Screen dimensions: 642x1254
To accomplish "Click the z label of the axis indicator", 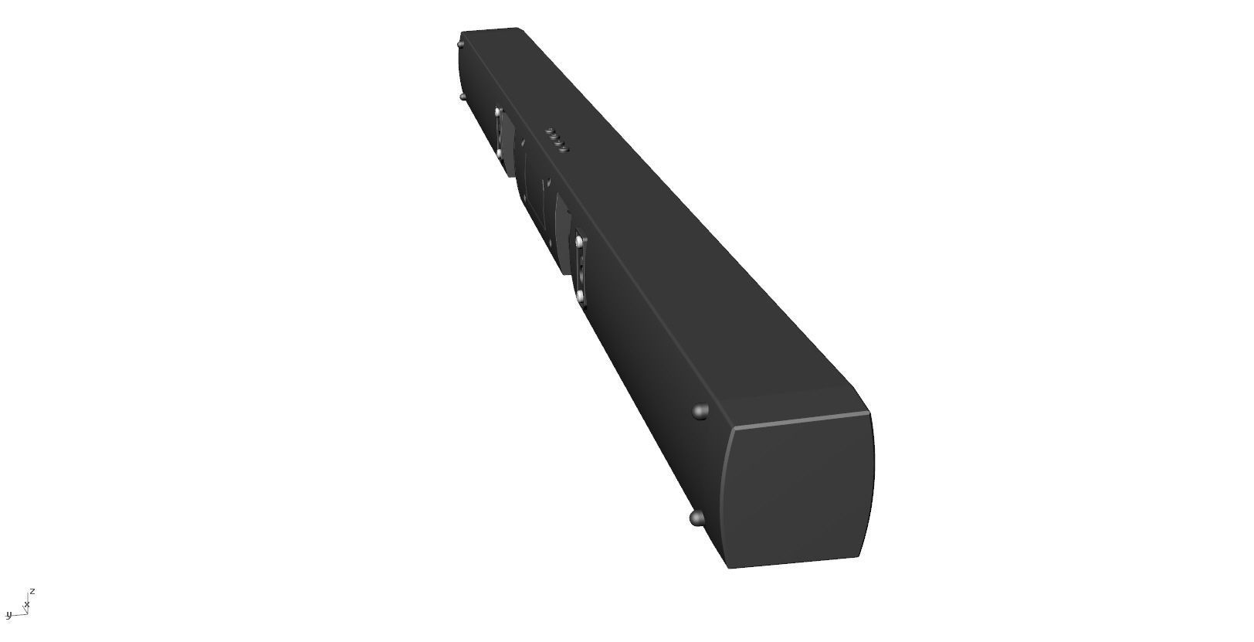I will coord(32,591).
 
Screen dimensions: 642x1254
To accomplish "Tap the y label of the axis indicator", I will coord(8,615).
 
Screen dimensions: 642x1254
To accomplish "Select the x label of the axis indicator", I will coord(27,604).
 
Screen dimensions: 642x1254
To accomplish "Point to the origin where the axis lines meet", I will coord(25,613).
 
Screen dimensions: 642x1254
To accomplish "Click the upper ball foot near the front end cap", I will coord(701,411).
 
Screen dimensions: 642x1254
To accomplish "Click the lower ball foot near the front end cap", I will coord(696,518).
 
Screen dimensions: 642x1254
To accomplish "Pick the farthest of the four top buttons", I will coord(550,131).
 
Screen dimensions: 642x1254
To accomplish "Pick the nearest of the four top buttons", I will coord(564,148).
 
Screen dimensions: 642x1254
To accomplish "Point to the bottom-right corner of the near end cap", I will coord(859,556).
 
